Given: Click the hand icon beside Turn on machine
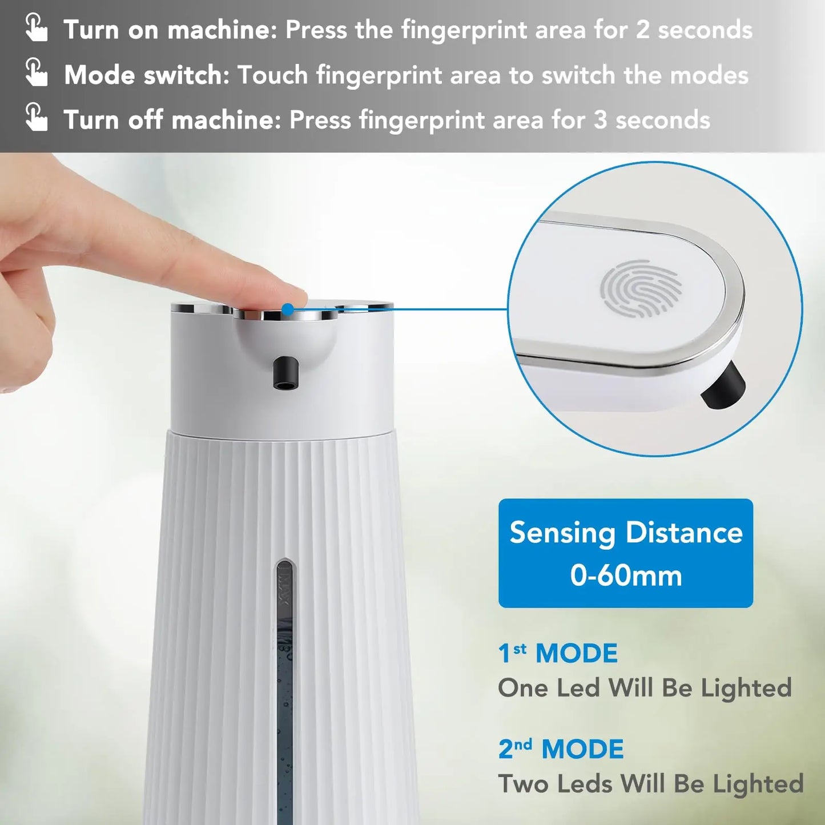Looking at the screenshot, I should coord(37,29).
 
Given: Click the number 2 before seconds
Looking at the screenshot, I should coord(643,30).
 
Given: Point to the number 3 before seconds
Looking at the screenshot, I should coord(600,120).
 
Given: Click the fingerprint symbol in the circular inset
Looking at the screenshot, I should coord(641,288).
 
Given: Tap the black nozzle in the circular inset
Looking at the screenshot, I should coord(723,385).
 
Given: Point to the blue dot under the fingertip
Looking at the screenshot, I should coord(288,309).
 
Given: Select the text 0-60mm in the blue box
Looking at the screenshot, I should coord(626,575).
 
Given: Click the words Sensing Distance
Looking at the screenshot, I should coord(626,533).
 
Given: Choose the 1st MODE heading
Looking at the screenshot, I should coord(558,653).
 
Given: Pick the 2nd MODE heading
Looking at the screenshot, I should coord(561,749).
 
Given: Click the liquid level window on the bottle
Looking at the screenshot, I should coord(284,685).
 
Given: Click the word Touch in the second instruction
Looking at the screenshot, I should coord(272,75).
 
